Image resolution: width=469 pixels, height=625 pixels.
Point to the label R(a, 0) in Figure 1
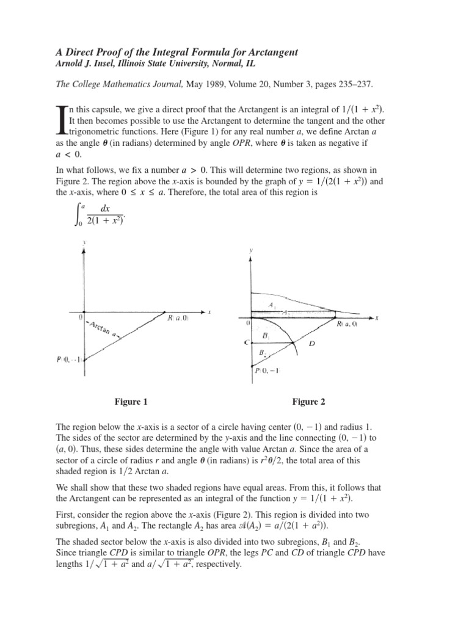pos(177,317)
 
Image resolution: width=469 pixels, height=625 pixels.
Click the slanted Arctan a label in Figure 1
pos(103,330)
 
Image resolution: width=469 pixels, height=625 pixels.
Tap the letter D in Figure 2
pos(311,344)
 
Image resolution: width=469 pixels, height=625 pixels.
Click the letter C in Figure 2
pos(245,343)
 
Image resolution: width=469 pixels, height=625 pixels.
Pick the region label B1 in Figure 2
pos(267,335)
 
